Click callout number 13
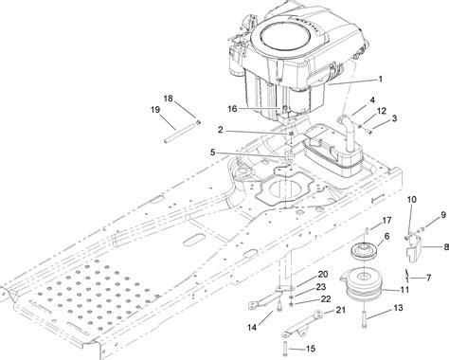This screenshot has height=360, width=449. click(x=398, y=308)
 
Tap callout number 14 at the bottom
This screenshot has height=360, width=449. click(x=250, y=327)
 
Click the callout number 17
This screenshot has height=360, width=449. click(x=360, y=221)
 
